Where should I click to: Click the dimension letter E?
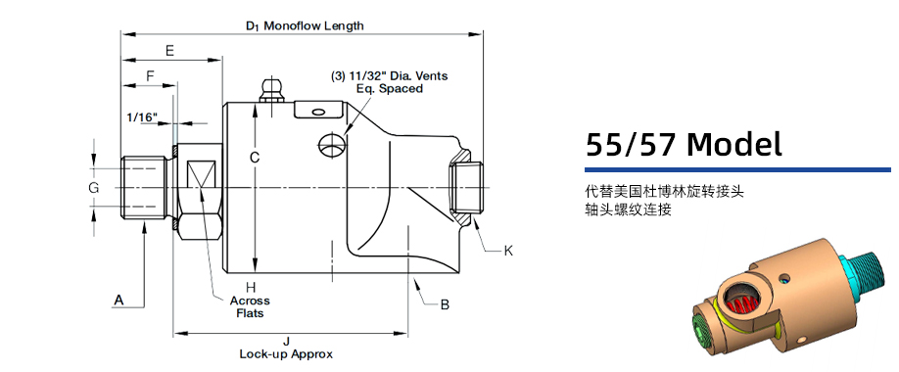pos(169,50)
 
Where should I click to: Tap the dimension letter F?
pos(149,75)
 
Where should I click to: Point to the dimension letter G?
pos(93,187)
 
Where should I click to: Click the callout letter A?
pos(119,300)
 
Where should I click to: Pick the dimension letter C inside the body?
pos(254,157)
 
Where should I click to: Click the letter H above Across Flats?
pos(250,287)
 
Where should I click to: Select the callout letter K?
pos(508,251)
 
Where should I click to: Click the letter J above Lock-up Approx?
pos(286,341)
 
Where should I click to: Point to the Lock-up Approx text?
pos(286,353)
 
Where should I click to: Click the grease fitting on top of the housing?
pos(270,91)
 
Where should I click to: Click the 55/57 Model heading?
pos(684,145)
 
